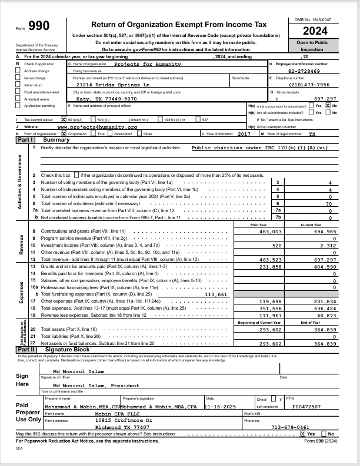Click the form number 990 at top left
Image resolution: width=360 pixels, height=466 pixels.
click(x=39, y=26)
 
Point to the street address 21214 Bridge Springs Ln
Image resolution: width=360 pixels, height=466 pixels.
click(x=117, y=85)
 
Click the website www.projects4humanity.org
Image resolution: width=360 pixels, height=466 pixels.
click(x=97, y=126)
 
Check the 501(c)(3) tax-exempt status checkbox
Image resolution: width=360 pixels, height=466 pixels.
click(x=64, y=119)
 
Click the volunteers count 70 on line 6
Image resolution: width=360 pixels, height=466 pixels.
click(x=329, y=203)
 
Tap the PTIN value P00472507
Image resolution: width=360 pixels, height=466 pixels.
click(x=306, y=406)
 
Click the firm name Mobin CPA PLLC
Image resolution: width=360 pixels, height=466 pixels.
click(x=114, y=413)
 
